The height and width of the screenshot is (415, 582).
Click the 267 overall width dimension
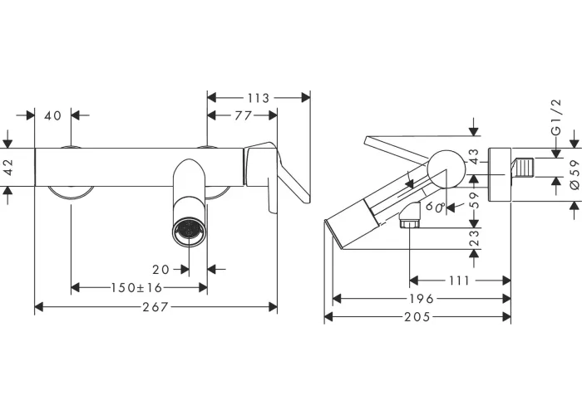[x=155, y=307]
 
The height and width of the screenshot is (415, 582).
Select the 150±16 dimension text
[x=136, y=287]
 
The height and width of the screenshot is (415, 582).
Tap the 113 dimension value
[x=259, y=98]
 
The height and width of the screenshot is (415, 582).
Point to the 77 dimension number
[x=243, y=115]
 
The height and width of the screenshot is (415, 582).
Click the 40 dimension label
[x=52, y=115]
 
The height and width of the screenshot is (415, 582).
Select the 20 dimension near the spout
[x=160, y=270]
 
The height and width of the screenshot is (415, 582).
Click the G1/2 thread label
[x=556, y=118]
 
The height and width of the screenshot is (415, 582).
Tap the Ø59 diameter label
[x=574, y=174]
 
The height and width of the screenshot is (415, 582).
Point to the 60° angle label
[x=436, y=207]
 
